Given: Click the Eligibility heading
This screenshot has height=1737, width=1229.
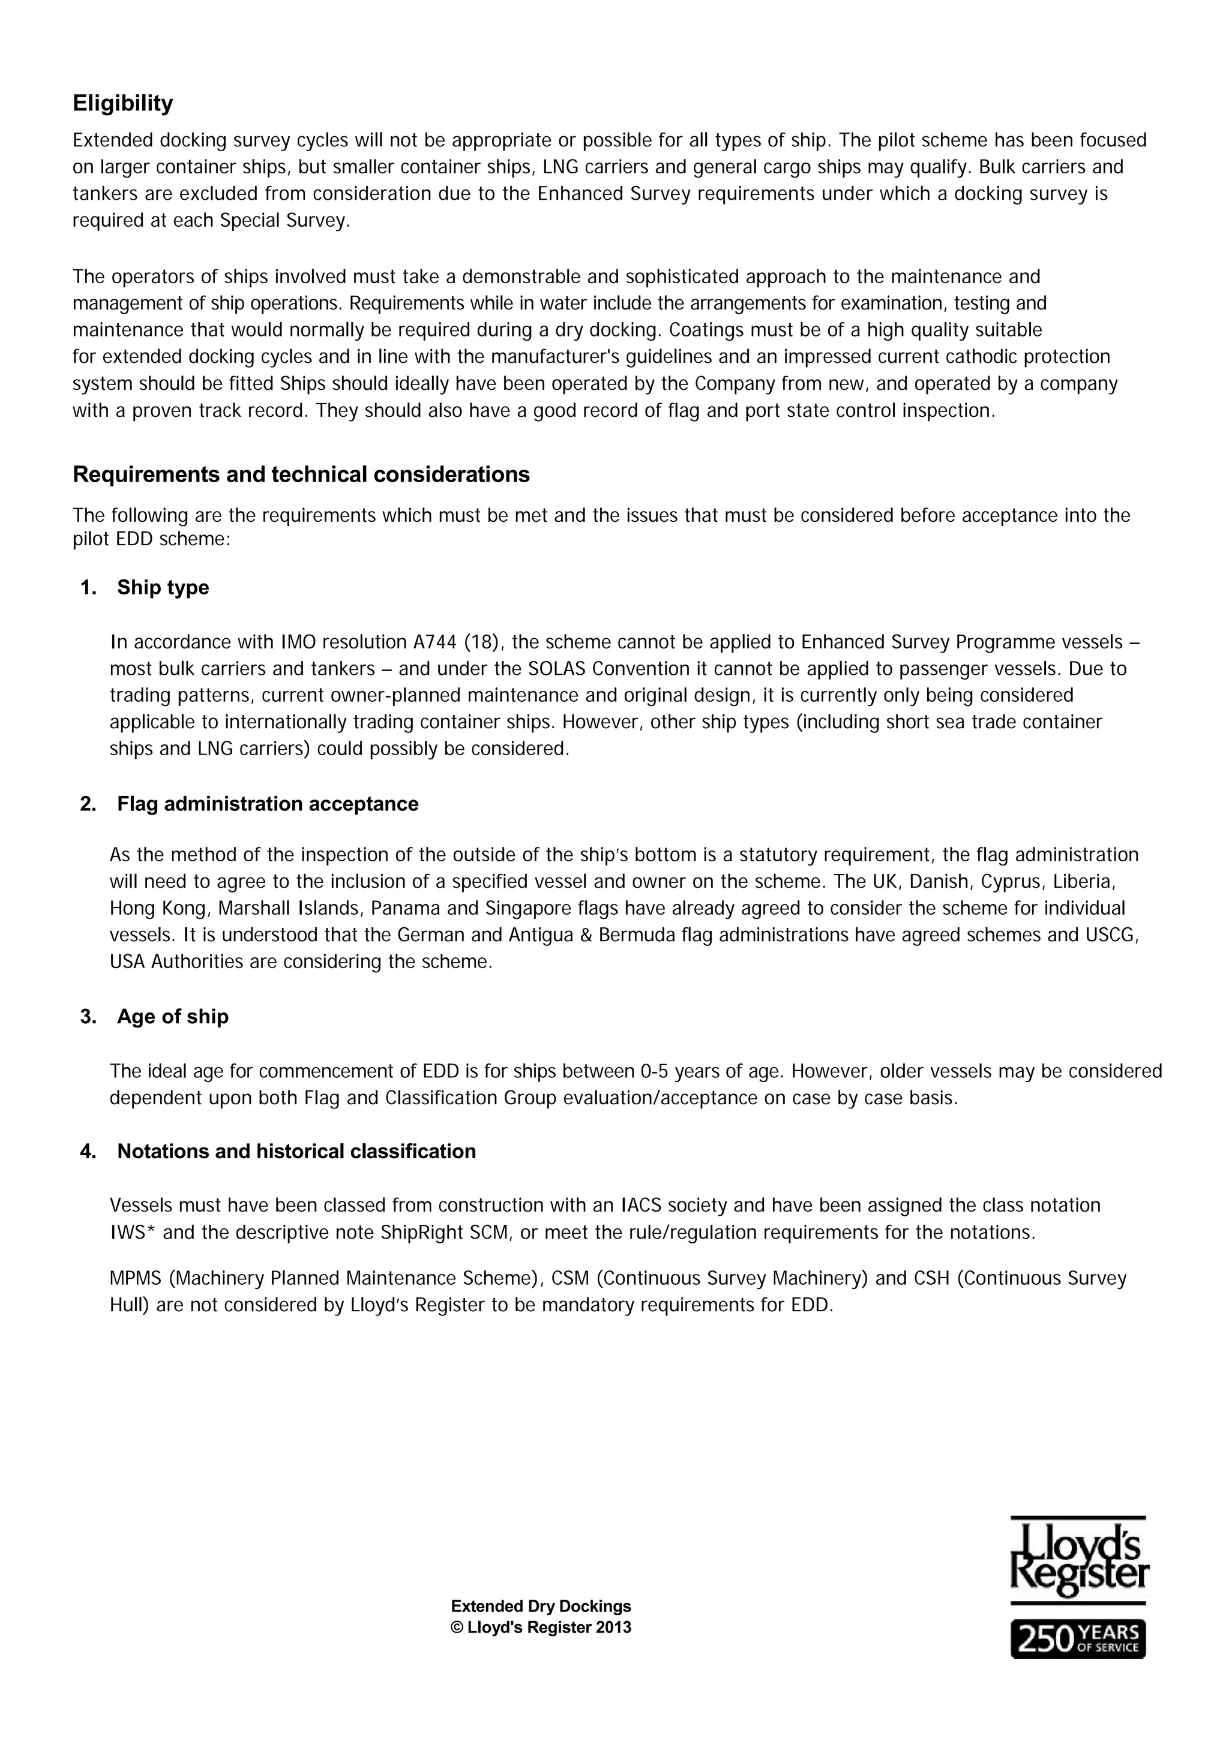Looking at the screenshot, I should [122, 103].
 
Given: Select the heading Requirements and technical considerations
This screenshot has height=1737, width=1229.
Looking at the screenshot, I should [301, 474].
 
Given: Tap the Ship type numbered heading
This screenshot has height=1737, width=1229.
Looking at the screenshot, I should [163, 587].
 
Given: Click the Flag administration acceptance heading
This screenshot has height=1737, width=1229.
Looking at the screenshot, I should [267, 804].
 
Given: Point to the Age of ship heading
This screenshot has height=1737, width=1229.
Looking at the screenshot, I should [173, 1016].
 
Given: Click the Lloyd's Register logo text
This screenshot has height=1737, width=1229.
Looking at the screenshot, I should [1078, 1558].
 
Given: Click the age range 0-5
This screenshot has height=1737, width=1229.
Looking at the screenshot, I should [654, 1071].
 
